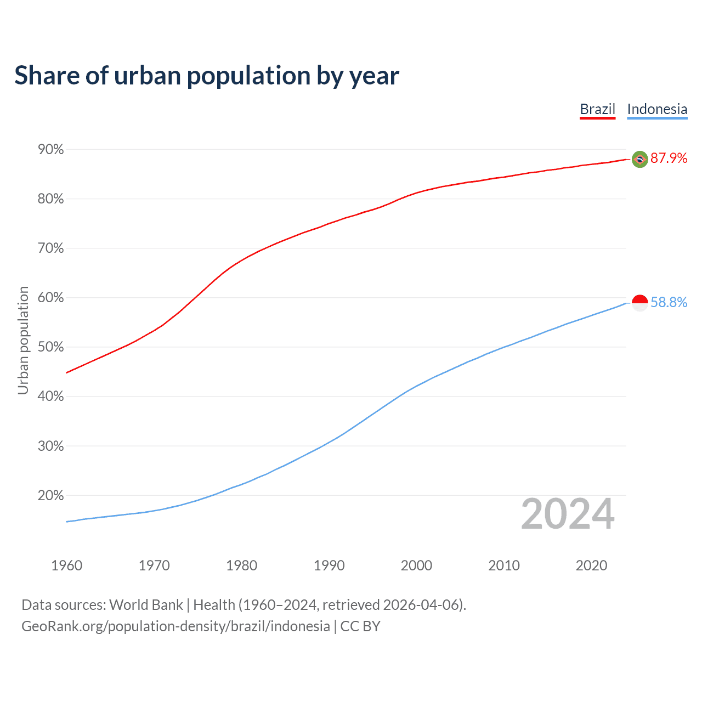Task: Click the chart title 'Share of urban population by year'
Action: [x=207, y=76]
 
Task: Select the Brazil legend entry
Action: [x=598, y=109]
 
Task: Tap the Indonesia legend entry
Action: [x=657, y=109]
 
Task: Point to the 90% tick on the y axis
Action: [x=50, y=150]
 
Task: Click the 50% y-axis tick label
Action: [x=50, y=347]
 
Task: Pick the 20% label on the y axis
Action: [x=50, y=496]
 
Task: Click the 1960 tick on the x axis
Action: [x=66, y=565]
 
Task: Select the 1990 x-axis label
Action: [x=329, y=565]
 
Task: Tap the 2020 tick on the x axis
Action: [x=591, y=565]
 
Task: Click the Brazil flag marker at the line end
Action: [x=640, y=159]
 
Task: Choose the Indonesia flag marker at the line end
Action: [x=640, y=303]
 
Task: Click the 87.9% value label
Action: [x=669, y=158]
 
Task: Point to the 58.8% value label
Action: [x=669, y=303]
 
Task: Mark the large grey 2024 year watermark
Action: [x=568, y=514]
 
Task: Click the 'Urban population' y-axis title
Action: [x=23, y=340]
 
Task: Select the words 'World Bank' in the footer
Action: [x=146, y=605]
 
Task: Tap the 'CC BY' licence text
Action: [x=360, y=626]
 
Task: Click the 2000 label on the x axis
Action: [x=416, y=565]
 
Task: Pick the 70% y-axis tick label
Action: [x=50, y=248]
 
